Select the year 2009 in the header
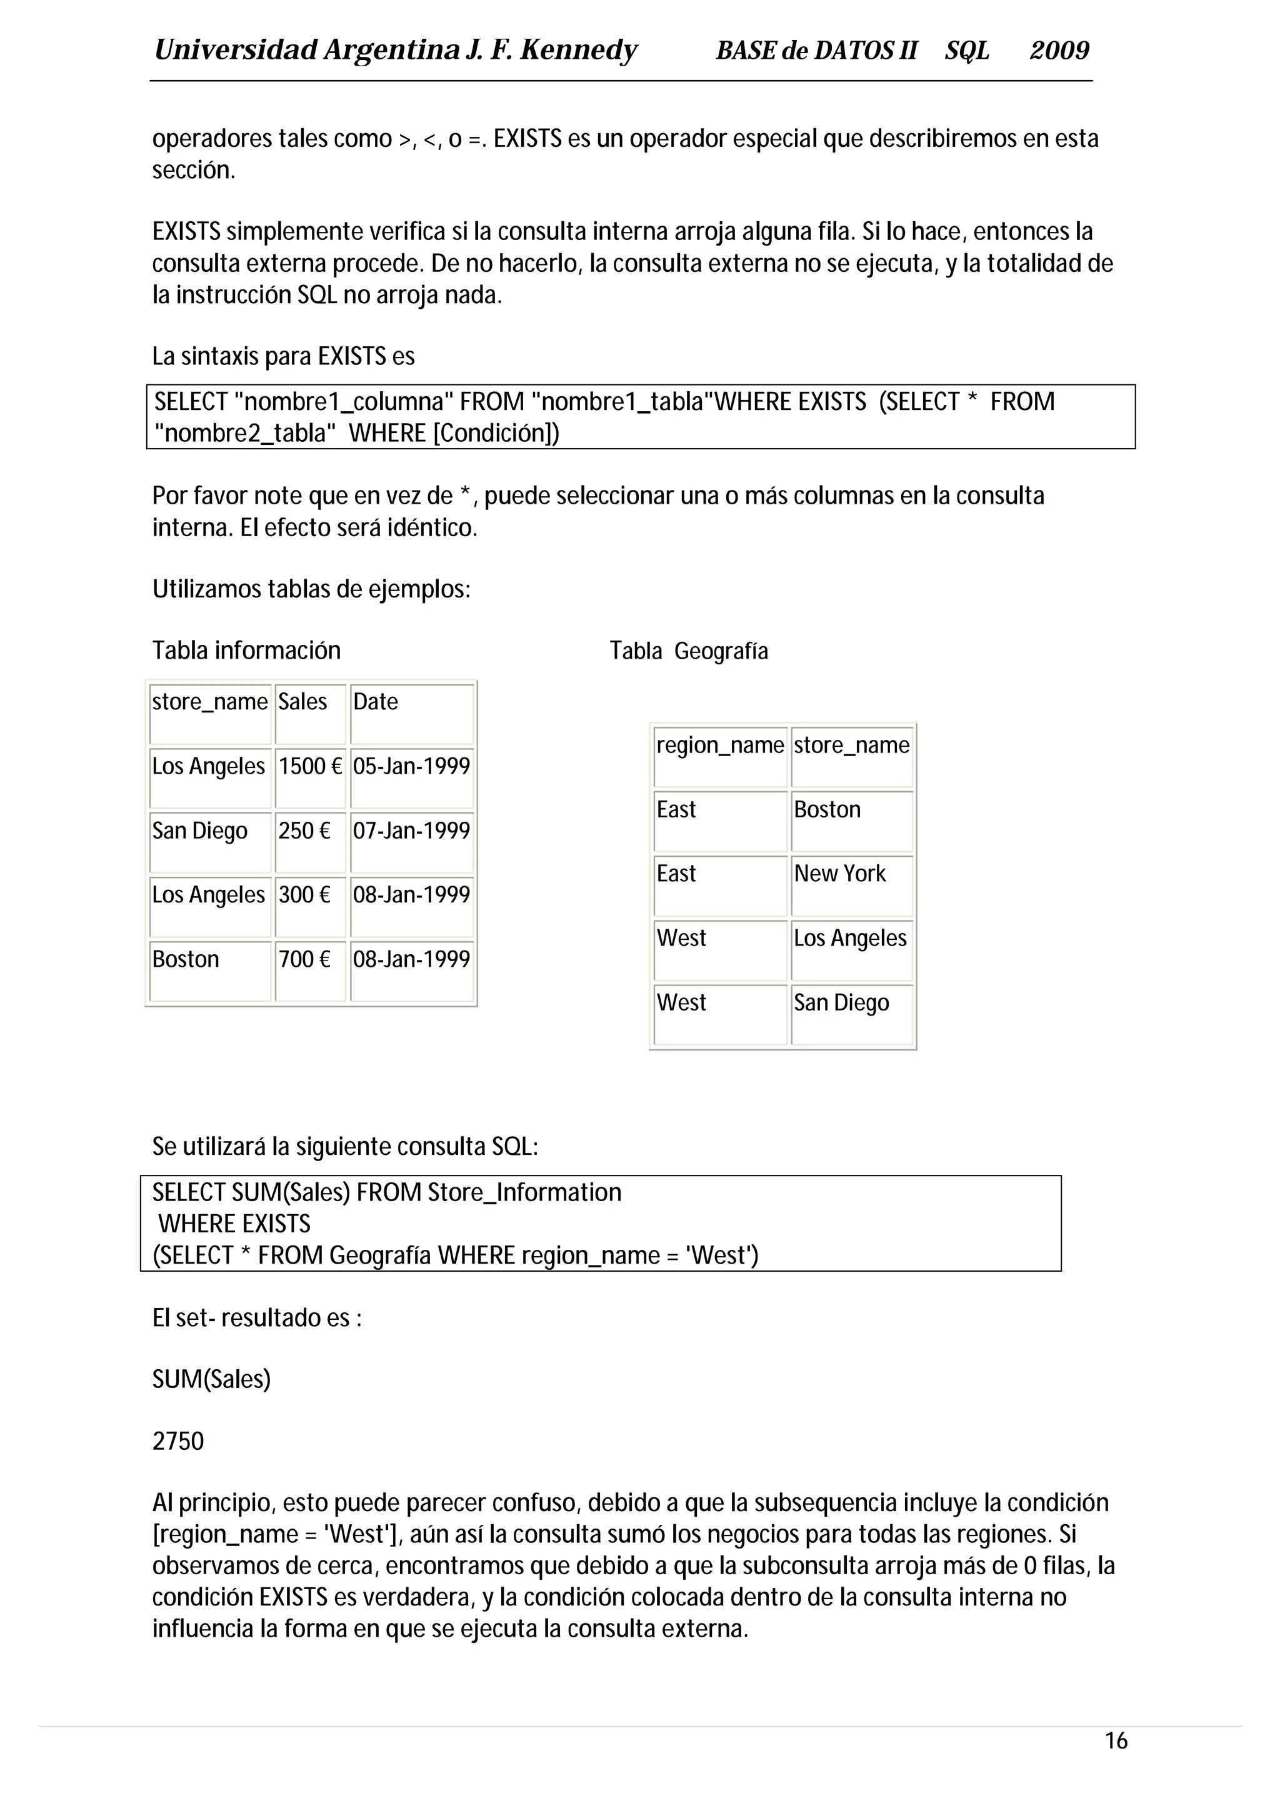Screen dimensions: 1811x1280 [x=1059, y=51]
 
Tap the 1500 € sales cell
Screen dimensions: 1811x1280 [x=310, y=767]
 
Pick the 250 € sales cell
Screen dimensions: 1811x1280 [x=304, y=831]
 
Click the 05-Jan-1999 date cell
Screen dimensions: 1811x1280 [x=411, y=767]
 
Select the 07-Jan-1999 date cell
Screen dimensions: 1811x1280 [x=411, y=831]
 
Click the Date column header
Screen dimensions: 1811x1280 [x=376, y=702]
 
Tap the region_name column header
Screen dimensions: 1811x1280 [x=720, y=746]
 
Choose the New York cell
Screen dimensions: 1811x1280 [x=840, y=874]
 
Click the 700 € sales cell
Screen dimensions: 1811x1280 [x=304, y=960]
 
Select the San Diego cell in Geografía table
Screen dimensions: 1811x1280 [x=841, y=1004]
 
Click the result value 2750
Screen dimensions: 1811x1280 [x=178, y=1441]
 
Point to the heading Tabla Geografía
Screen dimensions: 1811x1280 [x=689, y=652]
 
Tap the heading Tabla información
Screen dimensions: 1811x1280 [x=246, y=651]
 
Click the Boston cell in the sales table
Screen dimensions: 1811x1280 [x=186, y=960]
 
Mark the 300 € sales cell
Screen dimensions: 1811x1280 [x=304, y=896]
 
